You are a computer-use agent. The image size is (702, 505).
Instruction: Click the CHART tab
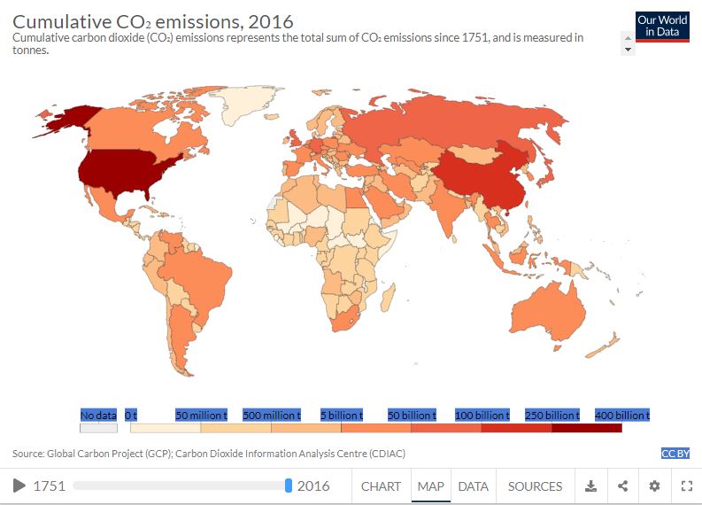pos(381,486)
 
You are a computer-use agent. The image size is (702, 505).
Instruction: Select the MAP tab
pos(430,486)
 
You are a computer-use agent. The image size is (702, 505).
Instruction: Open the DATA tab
pos(473,486)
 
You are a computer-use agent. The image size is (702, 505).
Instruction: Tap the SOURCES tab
pos(535,486)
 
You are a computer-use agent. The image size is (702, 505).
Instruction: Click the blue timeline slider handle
pos(289,486)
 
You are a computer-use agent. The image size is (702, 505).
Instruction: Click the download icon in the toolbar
pos(591,486)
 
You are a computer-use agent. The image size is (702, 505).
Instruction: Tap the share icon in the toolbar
pos(623,486)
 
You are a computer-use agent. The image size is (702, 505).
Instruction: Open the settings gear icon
pos(654,486)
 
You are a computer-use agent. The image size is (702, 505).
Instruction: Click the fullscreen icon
pos(686,486)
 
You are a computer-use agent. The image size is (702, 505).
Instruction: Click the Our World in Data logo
pos(662,28)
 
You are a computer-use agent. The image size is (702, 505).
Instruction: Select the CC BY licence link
pos(675,454)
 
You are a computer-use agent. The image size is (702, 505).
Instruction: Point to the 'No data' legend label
pos(98,416)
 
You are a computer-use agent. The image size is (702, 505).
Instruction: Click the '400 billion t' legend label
pos(622,416)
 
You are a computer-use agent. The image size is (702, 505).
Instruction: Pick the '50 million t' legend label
pos(201,416)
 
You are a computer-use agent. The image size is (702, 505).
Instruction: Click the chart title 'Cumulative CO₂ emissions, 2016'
pos(152,20)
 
